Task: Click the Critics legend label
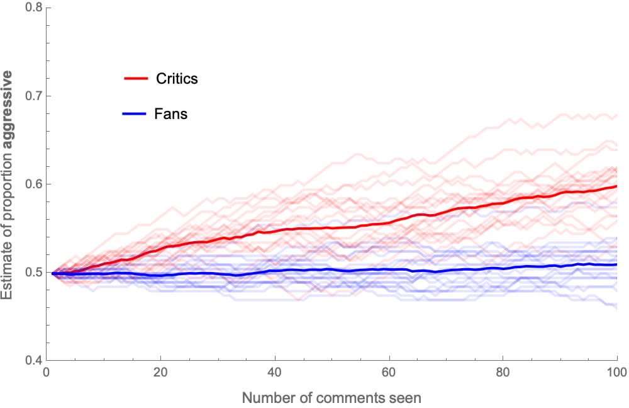coord(177,79)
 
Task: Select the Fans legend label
coord(170,115)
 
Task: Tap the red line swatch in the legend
coord(135,79)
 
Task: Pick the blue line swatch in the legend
coord(135,115)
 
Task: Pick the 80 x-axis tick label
coord(503,373)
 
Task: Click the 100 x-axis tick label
coord(616,373)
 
